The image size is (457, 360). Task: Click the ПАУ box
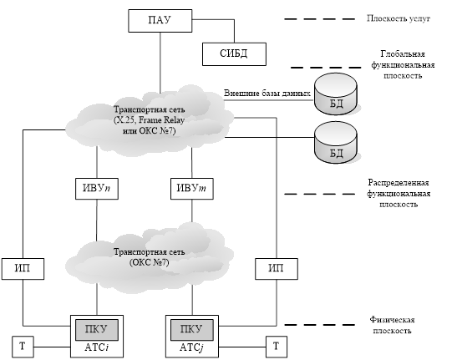160,21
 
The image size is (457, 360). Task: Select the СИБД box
234,54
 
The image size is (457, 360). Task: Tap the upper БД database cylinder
336,94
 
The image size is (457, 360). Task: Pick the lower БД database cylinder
336,143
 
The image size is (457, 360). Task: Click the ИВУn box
97,189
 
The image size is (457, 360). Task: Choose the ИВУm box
192,189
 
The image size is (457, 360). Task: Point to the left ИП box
23,269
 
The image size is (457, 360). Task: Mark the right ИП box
277,269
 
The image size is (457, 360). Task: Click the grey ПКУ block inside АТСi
97,330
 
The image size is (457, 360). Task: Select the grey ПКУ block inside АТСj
192,330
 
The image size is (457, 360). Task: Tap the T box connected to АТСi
23,347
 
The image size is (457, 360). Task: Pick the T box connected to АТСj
277,347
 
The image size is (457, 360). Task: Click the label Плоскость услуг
399,18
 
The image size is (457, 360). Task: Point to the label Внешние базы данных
267,94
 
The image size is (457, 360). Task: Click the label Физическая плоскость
393,325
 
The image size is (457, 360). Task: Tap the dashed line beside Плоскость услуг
320,19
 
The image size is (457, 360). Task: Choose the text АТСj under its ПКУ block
191,347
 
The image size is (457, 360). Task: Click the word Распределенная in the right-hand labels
399,183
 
